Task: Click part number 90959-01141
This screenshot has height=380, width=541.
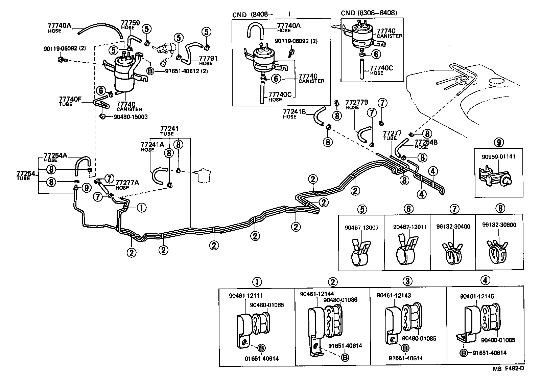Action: click(499, 157)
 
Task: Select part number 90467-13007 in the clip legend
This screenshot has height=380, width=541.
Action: click(362, 228)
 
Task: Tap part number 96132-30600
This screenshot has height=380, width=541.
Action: click(499, 225)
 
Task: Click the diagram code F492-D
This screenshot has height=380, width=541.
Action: click(514, 370)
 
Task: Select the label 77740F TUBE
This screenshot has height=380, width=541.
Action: click(70, 101)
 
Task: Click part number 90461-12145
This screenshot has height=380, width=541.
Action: click(477, 296)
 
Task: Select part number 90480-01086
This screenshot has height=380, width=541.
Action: click(340, 300)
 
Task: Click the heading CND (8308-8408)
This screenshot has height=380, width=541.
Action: click(369, 13)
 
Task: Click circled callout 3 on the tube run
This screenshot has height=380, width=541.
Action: click(404, 180)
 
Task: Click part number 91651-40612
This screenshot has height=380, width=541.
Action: click(182, 71)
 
